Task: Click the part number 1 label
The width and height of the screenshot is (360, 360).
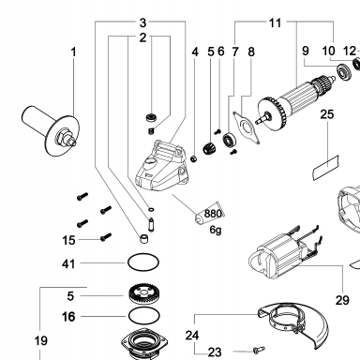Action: click(x=74, y=52)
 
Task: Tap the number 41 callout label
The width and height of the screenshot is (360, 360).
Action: click(x=68, y=264)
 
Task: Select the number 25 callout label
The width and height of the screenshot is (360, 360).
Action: click(x=327, y=114)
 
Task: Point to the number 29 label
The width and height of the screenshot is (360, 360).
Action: click(x=342, y=300)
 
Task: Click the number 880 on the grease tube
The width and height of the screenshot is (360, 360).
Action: click(x=213, y=214)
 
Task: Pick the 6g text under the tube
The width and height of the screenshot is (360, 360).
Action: click(x=216, y=231)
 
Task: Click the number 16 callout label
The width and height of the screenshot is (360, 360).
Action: click(x=68, y=317)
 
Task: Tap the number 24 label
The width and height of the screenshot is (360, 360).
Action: click(x=192, y=336)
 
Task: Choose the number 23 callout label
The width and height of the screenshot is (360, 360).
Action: click(x=215, y=352)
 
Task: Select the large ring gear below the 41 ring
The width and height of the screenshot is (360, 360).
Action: click(x=143, y=294)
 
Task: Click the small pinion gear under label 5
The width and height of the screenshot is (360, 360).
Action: click(x=208, y=148)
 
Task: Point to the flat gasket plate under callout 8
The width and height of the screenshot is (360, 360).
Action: click(x=247, y=128)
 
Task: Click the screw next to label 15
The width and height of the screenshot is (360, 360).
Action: click(x=106, y=237)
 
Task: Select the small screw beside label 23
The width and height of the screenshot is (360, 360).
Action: click(x=259, y=350)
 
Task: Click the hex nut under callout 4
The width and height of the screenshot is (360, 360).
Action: click(x=194, y=159)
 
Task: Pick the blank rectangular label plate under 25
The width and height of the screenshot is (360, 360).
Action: click(x=326, y=168)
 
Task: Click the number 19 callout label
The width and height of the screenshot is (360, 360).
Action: click(x=41, y=340)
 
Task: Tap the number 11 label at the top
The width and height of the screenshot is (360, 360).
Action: click(x=275, y=22)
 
